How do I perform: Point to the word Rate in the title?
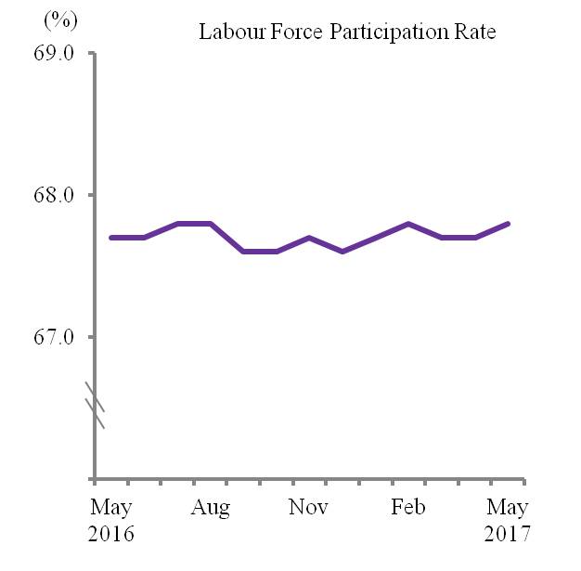pos(473,32)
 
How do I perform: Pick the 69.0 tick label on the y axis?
pos(53,53)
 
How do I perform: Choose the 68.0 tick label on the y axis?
pos(53,195)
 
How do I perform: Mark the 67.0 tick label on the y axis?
pos(53,337)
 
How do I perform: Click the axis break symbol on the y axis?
pos(95,405)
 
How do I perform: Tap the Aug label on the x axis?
pos(212,508)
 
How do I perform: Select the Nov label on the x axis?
pos(309,508)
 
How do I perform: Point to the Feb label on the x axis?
pos(407,508)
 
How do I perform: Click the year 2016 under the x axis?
pos(111,536)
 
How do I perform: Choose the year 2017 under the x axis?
pos(507,536)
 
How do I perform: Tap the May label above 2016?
pos(111,508)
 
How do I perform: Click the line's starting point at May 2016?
pos(111,238)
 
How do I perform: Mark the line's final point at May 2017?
pos(508,224)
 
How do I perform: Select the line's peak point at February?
pos(408,224)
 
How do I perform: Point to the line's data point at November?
pos(309,238)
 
